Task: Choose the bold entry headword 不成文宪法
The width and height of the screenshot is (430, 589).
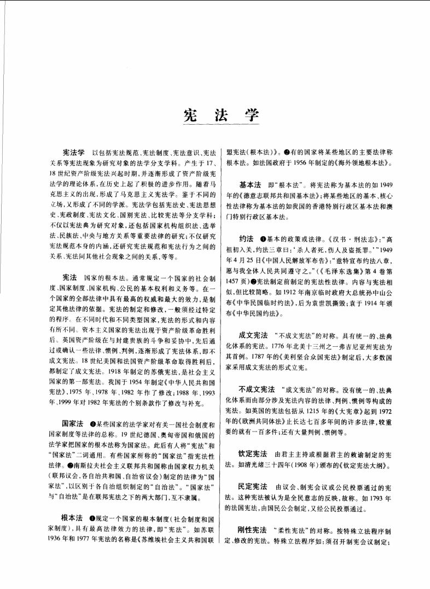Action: pyautogui.click(x=257, y=389)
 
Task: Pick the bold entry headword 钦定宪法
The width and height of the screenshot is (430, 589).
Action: pyautogui.click(x=253, y=453)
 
